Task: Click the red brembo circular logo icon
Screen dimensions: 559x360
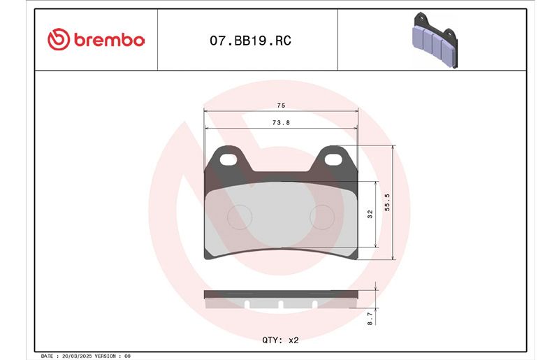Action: (x=59, y=39)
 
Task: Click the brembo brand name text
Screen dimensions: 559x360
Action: (x=109, y=40)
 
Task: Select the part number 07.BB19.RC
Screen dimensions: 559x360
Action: (x=250, y=41)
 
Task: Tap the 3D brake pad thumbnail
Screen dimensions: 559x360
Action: (x=435, y=40)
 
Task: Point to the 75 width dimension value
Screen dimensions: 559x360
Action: (x=281, y=106)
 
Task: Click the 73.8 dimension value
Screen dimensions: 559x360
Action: (x=281, y=122)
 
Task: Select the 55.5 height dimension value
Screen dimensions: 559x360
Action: (x=387, y=202)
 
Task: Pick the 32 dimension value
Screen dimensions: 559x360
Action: (x=370, y=214)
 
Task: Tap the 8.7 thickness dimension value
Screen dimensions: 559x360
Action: (x=370, y=318)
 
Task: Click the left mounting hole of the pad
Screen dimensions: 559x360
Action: (x=228, y=159)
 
